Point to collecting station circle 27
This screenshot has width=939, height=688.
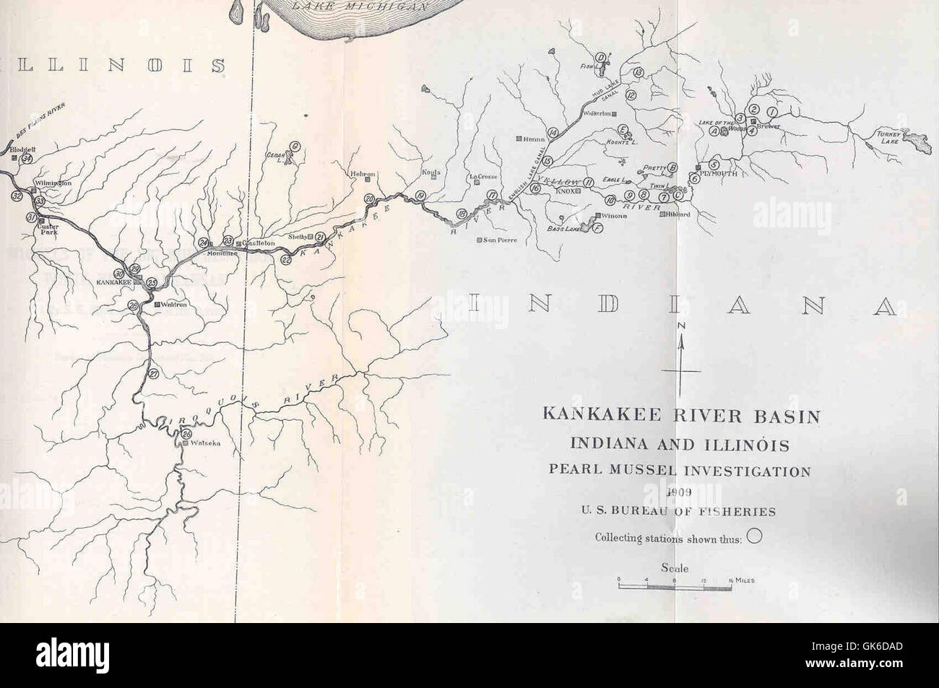tap(154, 374)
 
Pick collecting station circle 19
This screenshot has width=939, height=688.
tap(421, 196)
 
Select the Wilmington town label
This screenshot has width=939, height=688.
tap(53, 183)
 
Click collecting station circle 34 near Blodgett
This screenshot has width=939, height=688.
tap(27, 159)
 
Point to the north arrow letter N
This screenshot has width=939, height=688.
tap(680, 327)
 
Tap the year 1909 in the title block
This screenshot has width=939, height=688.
tap(679, 492)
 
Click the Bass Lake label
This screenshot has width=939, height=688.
tap(558, 228)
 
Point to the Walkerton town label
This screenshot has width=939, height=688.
tap(597, 114)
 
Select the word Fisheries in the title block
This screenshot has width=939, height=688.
tap(737, 512)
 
